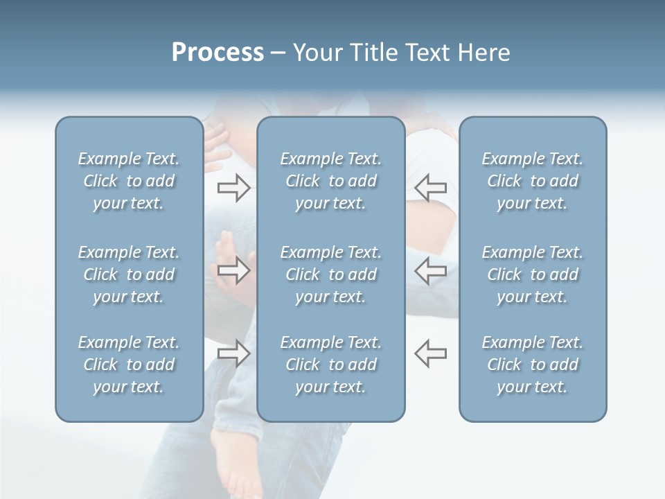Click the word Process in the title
point(218,53)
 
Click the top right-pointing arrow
point(233,188)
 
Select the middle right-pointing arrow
point(233,270)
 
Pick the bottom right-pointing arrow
point(233,353)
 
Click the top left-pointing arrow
point(430,188)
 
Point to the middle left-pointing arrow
point(430,270)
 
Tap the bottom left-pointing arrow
point(430,353)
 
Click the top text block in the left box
point(129,181)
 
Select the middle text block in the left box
point(129,274)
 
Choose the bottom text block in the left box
point(129,365)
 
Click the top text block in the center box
point(331,181)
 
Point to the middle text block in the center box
point(331,274)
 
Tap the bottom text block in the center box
point(331,365)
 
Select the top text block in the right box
point(533,181)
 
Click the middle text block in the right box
point(533,274)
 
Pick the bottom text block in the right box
point(533,365)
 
